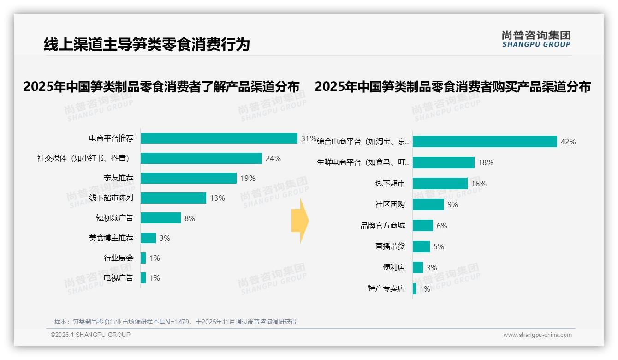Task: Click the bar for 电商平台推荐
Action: click(x=219, y=138)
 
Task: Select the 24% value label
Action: click(x=273, y=158)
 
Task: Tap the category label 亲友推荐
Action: click(x=118, y=178)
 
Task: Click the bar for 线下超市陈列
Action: click(x=173, y=198)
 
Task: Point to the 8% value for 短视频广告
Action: click(x=190, y=218)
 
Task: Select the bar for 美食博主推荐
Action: click(x=148, y=238)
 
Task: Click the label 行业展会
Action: click(x=118, y=258)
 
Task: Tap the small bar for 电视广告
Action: click(x=143, y=278)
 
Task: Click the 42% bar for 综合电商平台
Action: click(x=485, y=142)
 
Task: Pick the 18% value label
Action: click(x=486, y=162)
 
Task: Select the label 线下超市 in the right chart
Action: click(x=390, y=184)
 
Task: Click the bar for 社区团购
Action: click(x=428, y=204)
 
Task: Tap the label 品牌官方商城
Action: click(x=382, y=226)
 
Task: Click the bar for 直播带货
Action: click(x=421, y=246)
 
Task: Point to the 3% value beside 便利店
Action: click(x=432, y=268)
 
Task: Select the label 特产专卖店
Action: click(x=386, y=288)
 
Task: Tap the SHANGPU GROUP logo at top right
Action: click(x=536, y=39)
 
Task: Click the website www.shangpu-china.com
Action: click(x=537, y=335)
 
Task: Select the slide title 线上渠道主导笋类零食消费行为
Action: click(x=147, y=44)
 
